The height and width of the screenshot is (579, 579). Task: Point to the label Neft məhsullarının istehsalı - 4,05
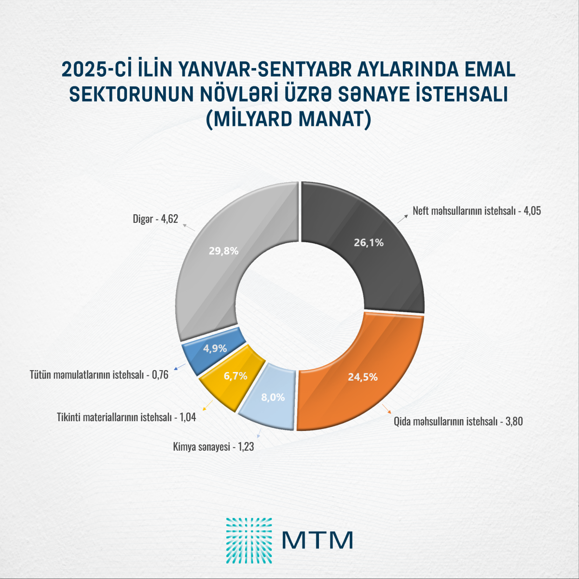(476, 211)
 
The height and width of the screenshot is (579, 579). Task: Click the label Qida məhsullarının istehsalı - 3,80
(458, 421)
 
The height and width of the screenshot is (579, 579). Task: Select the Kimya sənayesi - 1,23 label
(213, 447)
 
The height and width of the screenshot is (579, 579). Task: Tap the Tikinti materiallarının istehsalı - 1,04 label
(126, 417)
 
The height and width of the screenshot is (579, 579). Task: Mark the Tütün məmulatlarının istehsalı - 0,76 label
(99, 374)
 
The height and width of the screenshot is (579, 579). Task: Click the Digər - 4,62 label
(155, 219)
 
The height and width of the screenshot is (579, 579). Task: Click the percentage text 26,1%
(369, 243)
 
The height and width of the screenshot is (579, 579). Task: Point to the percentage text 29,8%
(223, 251)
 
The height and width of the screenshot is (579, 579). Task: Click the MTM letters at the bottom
(317, 540)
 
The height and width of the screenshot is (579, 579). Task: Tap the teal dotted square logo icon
(248, 540)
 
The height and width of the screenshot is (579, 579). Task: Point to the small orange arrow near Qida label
(386, 409)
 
